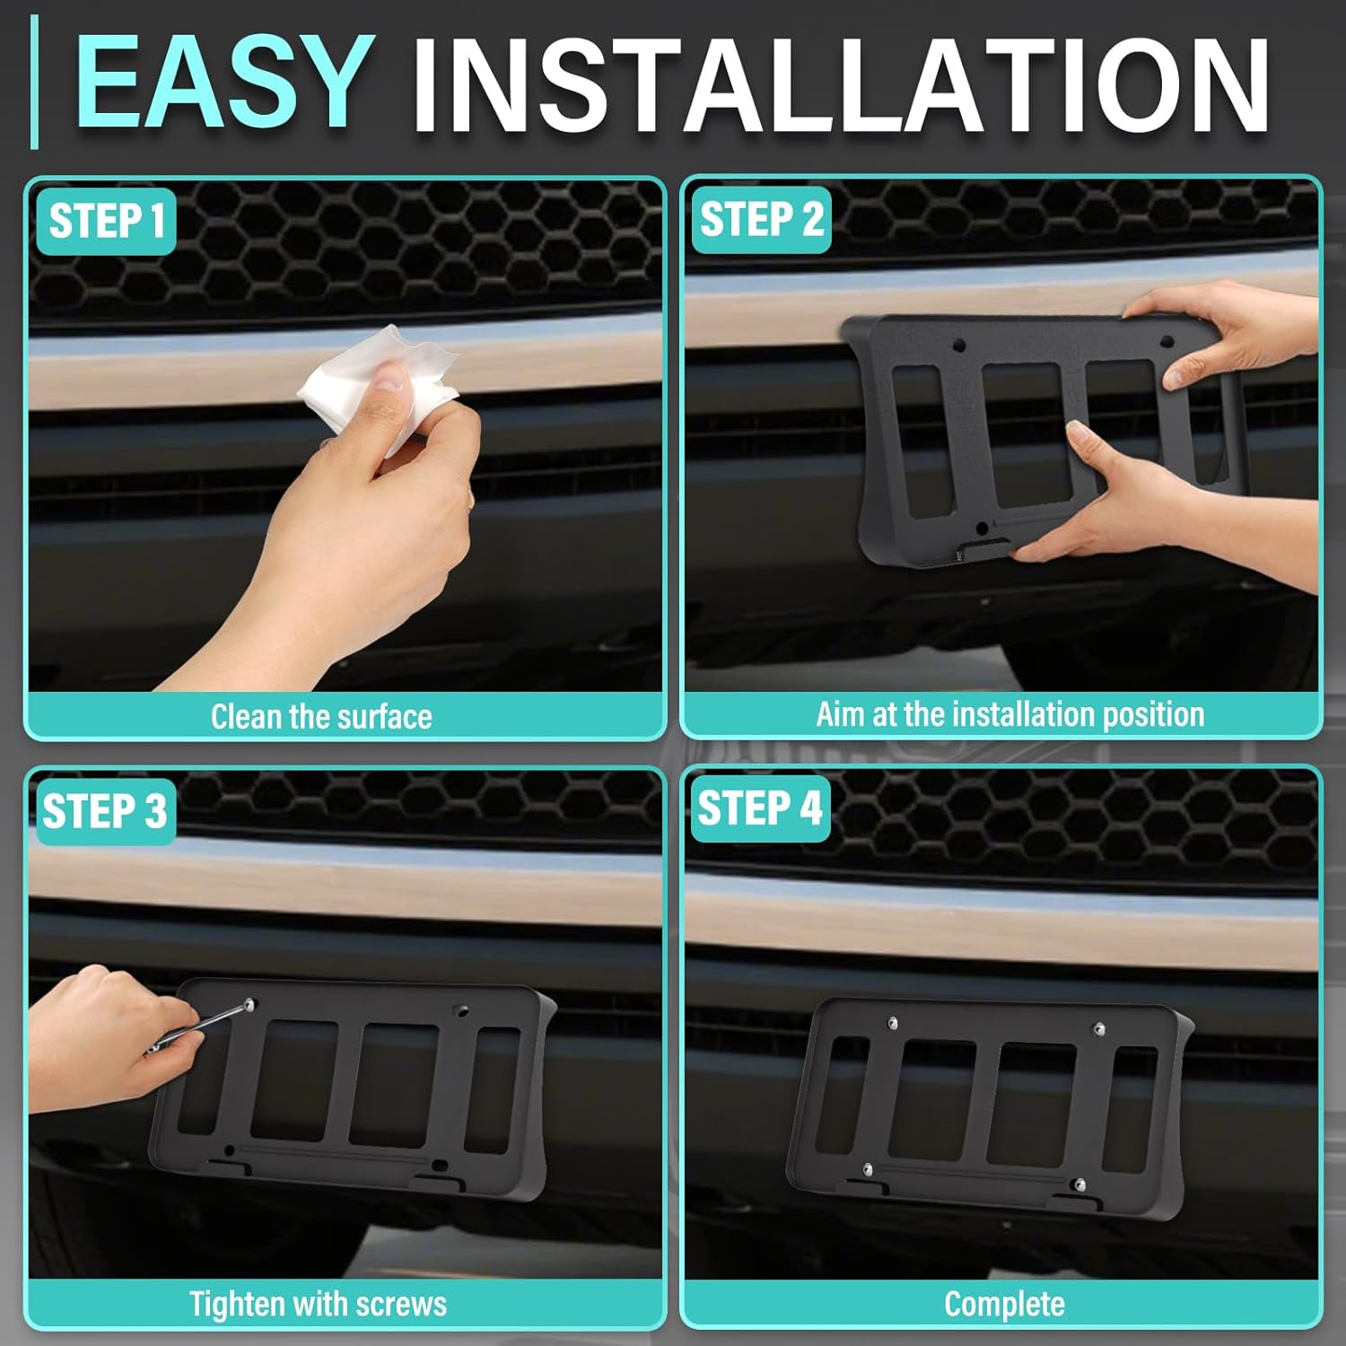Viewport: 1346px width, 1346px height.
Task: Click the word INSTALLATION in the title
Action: tap(840, 86)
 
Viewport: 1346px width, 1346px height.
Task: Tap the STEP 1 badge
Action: tap(106, 221)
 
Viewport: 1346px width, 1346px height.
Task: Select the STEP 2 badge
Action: tap(761, 220)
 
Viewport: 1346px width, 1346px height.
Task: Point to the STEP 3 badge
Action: tap(105, 811)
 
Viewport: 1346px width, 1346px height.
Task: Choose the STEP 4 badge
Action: tap(759, 808)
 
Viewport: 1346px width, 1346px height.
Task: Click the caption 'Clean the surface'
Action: tap(321, 716)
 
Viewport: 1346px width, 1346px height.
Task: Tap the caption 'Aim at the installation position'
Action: tap(1009, 714)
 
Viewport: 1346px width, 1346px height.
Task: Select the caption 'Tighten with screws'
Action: tap(318, 1304)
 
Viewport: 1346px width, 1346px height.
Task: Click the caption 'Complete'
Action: tap(1004, 1304)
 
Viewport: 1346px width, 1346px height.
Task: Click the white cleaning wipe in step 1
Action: tap(377, 386)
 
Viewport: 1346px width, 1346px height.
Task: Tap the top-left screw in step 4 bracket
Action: tap(893, 1023)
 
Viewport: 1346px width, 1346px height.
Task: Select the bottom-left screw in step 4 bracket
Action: tap(867, 1169)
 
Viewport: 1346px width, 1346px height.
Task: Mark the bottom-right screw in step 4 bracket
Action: tap(1080, 1185)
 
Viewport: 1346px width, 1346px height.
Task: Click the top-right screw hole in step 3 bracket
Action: tap(461, 1011)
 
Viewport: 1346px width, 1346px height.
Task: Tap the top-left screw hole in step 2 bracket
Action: tap(958, 344)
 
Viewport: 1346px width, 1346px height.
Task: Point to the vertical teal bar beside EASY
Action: tap(34, 83)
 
